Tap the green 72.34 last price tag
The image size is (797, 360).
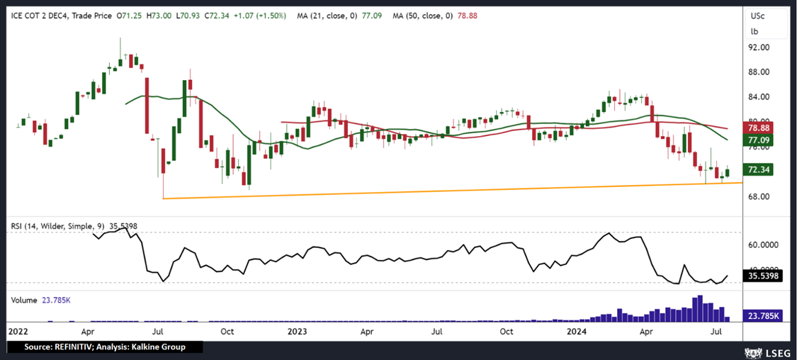[763, 170]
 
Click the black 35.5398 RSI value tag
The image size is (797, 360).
[763, 276]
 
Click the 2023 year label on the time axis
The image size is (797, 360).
[298, 331]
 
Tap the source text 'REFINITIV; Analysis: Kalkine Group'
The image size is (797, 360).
[104, 347]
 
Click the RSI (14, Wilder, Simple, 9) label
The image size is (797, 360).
[57, 226]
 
